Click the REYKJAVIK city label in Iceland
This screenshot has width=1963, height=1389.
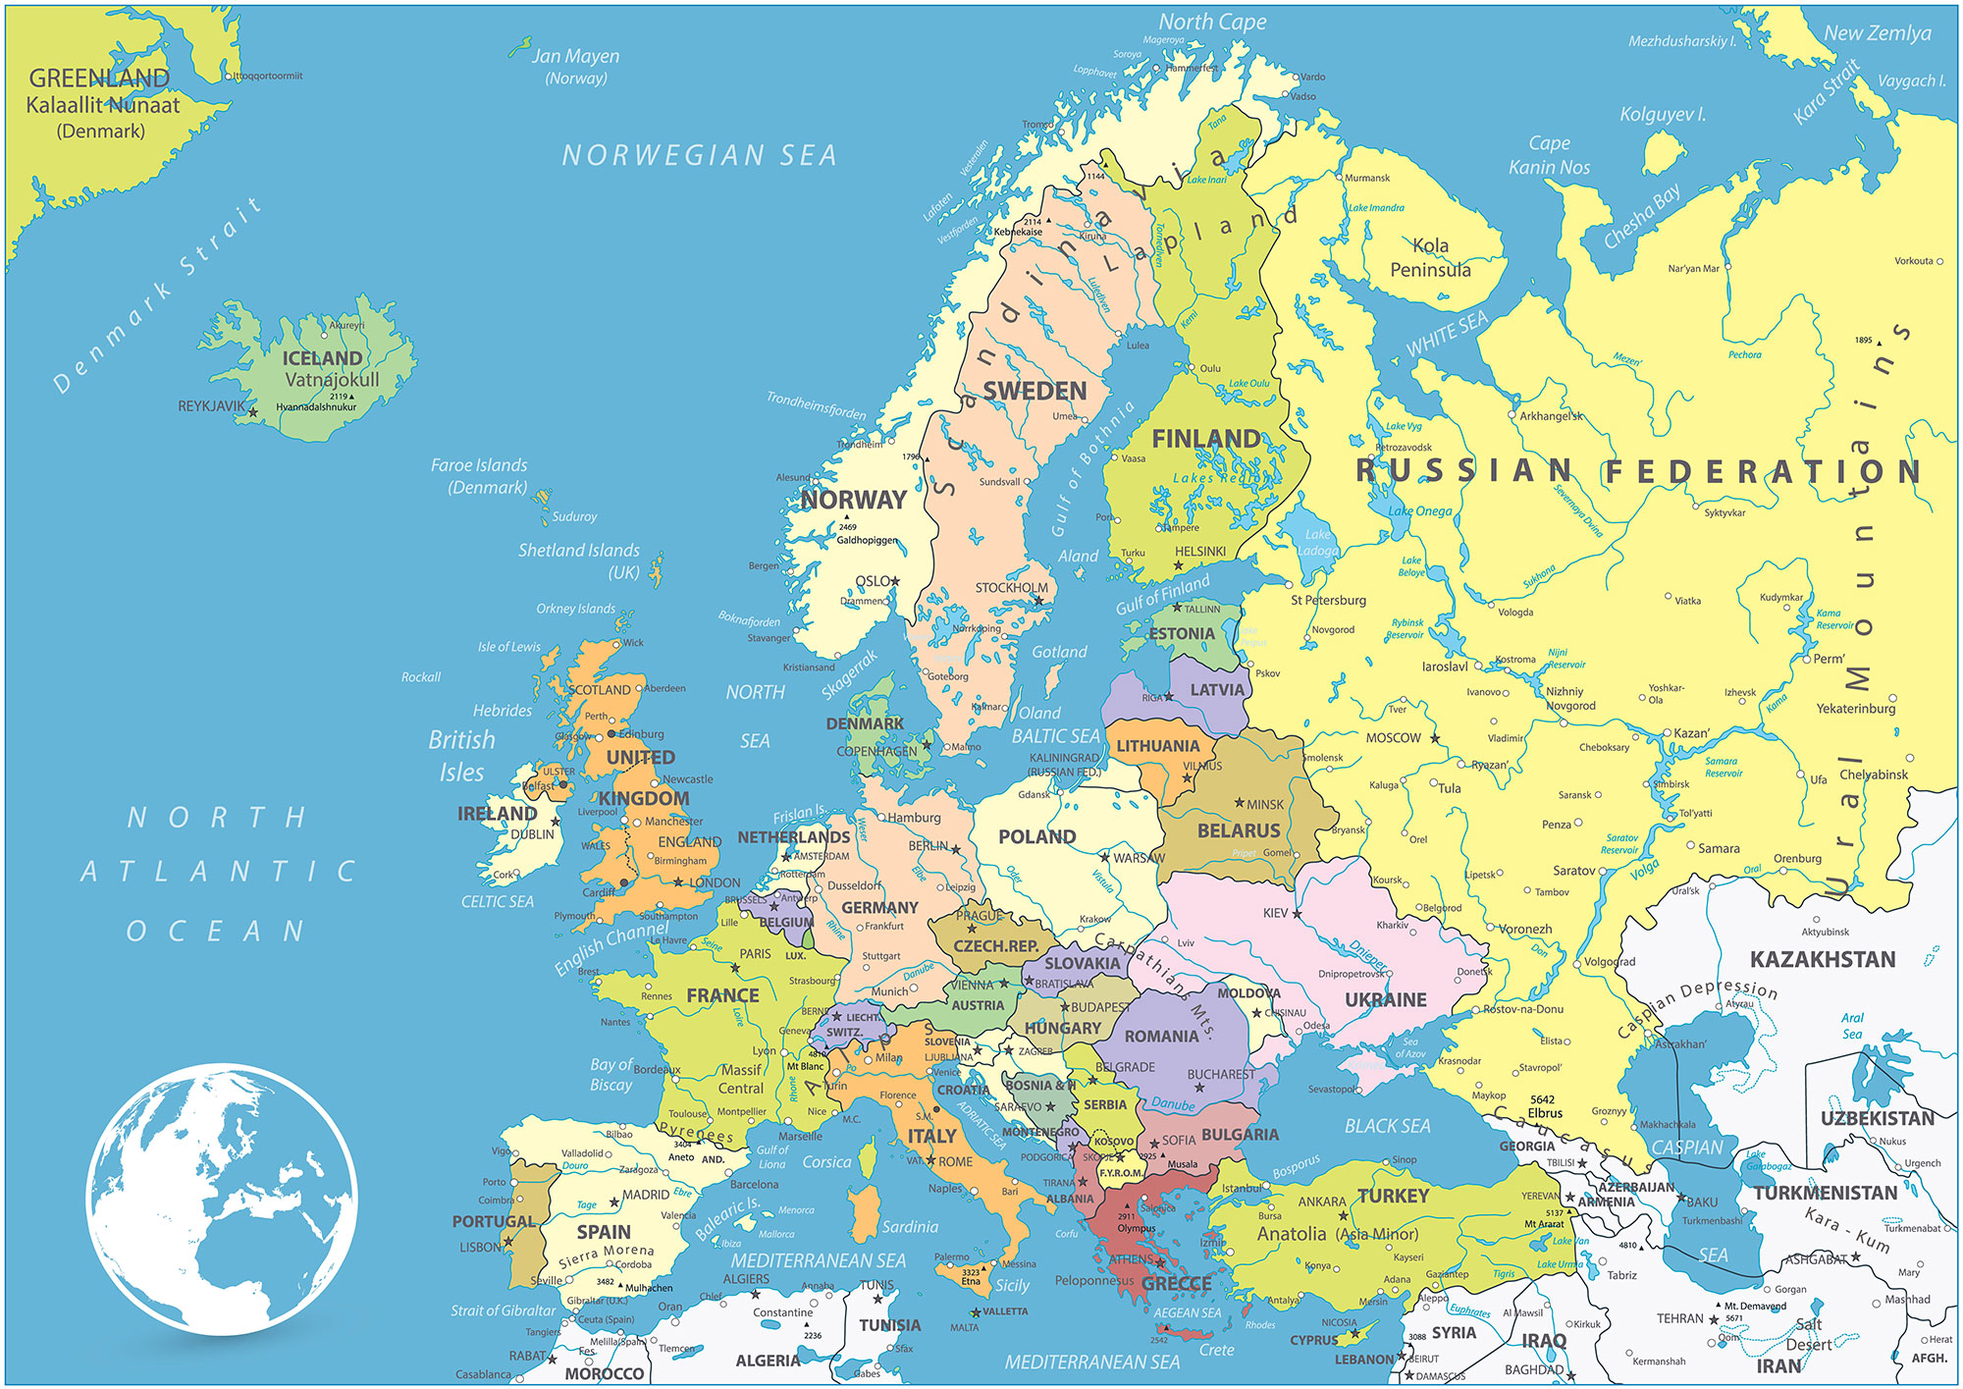[210, 405]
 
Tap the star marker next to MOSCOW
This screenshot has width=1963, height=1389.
[1435, 738]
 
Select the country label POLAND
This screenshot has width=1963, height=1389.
[1036, 837]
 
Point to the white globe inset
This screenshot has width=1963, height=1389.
[222, 1198]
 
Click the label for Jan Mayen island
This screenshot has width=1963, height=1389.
[576, 66]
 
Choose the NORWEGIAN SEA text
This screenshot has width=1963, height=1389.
[699, 155]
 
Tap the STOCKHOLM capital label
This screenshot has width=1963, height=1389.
[1011, 588]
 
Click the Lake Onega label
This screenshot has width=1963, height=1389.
[1419, 510]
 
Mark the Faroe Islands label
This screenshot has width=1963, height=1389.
[479, 475]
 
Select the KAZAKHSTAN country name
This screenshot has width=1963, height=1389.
[1823, 959]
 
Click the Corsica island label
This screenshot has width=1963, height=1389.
[826, 1162]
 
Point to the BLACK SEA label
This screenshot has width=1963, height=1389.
[1387, 1126]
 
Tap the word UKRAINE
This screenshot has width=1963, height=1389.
[1385, 1000]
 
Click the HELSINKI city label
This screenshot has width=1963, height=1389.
[1200, 552]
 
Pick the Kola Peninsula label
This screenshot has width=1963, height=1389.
[1430, 258]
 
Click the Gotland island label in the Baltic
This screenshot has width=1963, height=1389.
[1059, 652]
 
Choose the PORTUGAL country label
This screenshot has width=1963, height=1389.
[494, 1222]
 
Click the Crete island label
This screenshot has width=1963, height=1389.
[1216, 1350]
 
